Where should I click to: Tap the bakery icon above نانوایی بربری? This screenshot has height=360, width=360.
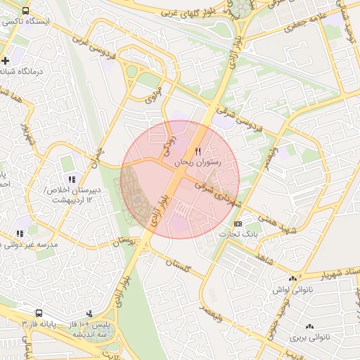click(x=309, y=326)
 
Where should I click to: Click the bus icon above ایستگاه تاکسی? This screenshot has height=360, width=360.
click(x=26, y=12)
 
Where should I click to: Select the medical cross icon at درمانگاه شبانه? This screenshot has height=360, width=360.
click(x=6, y=61)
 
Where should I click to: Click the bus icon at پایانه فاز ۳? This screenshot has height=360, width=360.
click(x=39, y=312)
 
